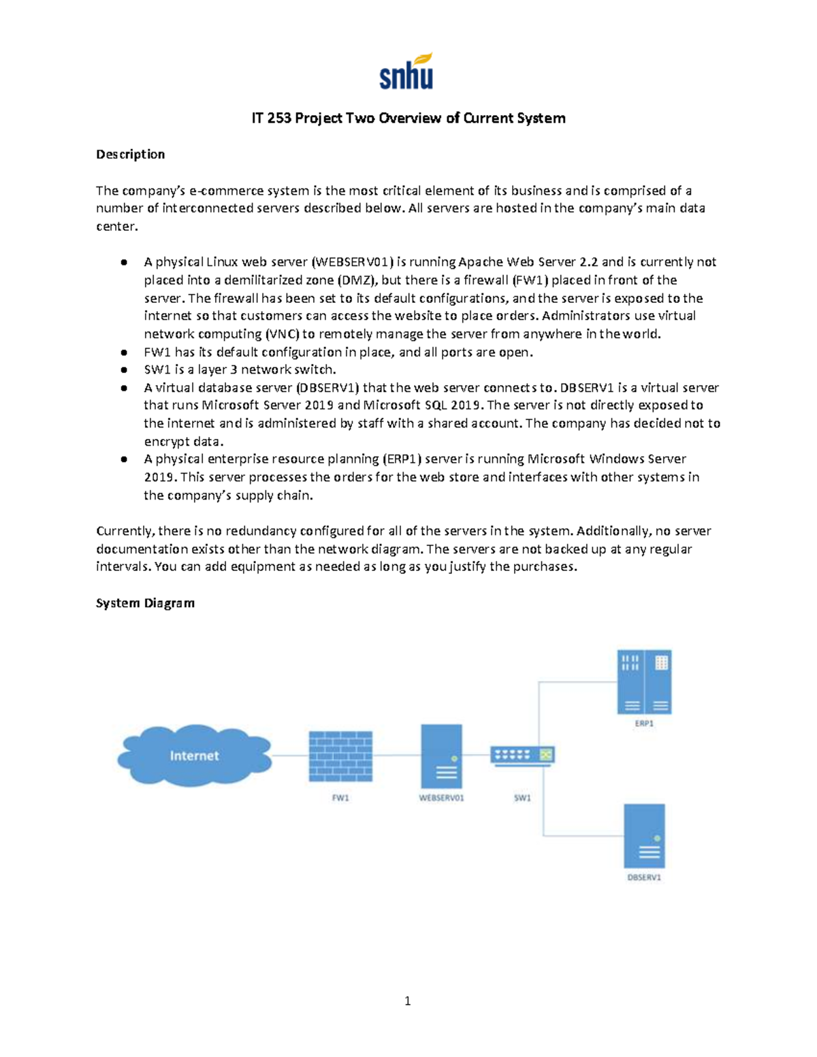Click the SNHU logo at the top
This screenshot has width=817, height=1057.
pyautogui.click(x=406, y=71)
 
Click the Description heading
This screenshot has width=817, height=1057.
pyautogui.click(x=130, y=155)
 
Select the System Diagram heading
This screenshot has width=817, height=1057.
pyautogui.click(x=145, y=603)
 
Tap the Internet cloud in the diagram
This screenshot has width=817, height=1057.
pyautogui.click(x=194, y=755)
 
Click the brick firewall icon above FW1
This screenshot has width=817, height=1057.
pyautogui.click(x=340, y=755)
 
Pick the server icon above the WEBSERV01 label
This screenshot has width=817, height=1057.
pyautogui.click(x=441, y=756)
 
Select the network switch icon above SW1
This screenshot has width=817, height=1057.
pyautogui.click(x=522, y=755)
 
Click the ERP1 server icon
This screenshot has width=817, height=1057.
pyautogui.click(x=644, y=681)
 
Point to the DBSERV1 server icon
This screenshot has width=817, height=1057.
pyautogui.click(x=644, y=836)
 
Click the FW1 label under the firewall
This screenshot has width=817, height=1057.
pyautogui.click(x=340, y=798)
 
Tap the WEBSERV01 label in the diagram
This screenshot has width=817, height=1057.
pyautogui.click(x=441, y=798)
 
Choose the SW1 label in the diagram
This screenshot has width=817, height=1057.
pyautogui.click(x=522, y=798)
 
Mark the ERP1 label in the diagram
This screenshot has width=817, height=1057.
pyautogui.click(x=644, y=723)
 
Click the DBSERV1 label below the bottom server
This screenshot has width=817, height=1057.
pyautogui.click(x=644, y=877)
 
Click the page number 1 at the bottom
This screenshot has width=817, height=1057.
pyautogui.click(x=407, y=1001)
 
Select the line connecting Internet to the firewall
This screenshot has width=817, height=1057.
pyautogui.click(x=290, y=755)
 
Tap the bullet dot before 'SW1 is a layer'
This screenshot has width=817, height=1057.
pyautogui.click(x=124, y=370)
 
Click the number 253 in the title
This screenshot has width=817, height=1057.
pyautogui.click(x=279, y=118)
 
